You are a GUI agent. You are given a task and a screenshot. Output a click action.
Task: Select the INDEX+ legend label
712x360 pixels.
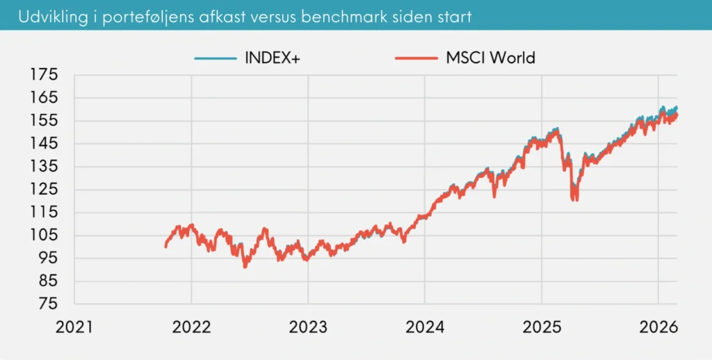point(272,58)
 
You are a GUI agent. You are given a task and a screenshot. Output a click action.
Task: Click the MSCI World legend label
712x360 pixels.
point(490,58)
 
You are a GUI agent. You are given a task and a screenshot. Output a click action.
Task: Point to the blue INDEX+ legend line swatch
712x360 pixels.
point(216,58)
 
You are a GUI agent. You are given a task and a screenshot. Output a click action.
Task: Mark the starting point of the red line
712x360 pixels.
point(165,246)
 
